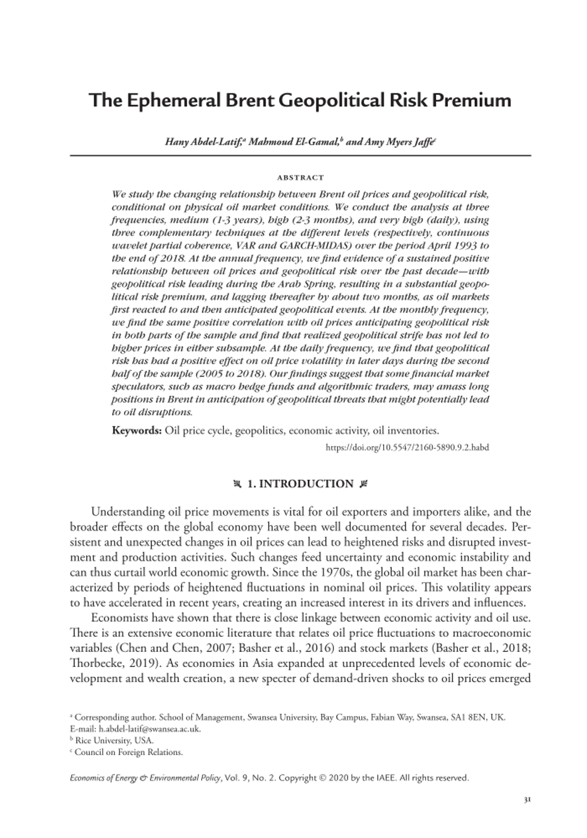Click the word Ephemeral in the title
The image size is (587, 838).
168,101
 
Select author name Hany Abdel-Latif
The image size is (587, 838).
203,142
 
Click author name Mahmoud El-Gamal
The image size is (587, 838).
294,142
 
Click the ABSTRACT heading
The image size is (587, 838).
300,178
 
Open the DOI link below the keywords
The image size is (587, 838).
407,447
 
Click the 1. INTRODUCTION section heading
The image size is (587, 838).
300,484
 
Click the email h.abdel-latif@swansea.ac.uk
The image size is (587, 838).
149,729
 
